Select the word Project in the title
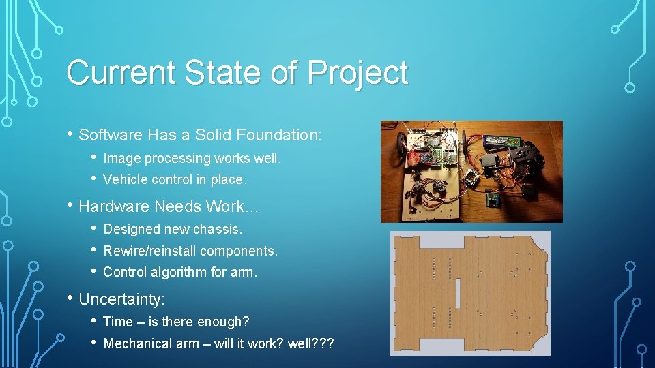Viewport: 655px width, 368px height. coord(358,73)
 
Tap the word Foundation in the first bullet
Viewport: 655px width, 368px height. coord(277,135)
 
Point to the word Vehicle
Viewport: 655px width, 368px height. coord(125,180)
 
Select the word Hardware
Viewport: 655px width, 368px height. coord(114,206)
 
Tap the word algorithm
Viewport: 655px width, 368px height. coord(178,272)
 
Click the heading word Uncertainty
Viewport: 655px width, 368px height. coord(121,298)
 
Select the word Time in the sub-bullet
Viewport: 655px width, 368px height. coord(117,322)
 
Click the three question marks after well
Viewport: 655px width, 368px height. coord(323,343)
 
